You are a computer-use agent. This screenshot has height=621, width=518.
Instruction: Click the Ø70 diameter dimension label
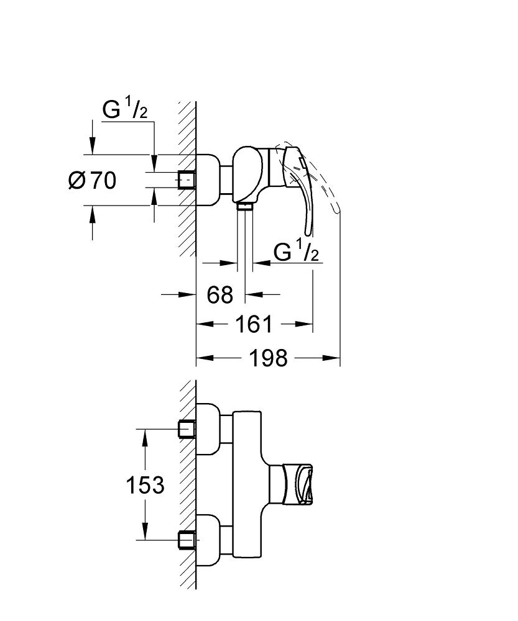pyautogui.click(x=93, y=181)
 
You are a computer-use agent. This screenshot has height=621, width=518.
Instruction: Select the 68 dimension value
pyautogui.click(x=220, y=294)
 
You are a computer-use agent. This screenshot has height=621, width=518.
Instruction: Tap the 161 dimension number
pyautogui.click(x=254, y=324)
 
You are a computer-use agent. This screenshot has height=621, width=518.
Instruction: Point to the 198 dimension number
pyautogui.click(x=268, y=358)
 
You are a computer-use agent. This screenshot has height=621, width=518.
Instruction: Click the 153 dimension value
pyautogui.click(x=145, y=485)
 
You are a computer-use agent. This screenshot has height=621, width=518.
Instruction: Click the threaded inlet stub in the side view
pyautogui.click(x=187, y=179)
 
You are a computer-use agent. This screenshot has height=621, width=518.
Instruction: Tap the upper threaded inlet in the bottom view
pyautogui.click(x=187, y=429)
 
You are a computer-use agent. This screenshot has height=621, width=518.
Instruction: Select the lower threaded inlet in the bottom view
pyautogui.click(x=187, y=540)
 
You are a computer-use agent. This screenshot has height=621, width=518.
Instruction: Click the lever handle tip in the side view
pyautogui.click(x=308, y=233)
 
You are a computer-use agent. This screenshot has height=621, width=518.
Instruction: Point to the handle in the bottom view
pyautogui.click(x=297, y=485)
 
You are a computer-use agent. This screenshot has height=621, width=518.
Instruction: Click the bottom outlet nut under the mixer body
pyautogui.click(x=245, y=206)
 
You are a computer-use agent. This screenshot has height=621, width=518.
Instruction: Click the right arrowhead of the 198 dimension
pyautogui.click(x=331, y=358)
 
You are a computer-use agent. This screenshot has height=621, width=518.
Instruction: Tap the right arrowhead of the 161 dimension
pyautogui.click(x=304, y=324)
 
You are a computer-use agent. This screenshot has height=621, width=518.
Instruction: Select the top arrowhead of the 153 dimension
pyautogui.click(x=145, y=437)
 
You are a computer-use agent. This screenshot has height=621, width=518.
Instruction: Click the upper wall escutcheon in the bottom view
pyautogui.click(x=208, y=429)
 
